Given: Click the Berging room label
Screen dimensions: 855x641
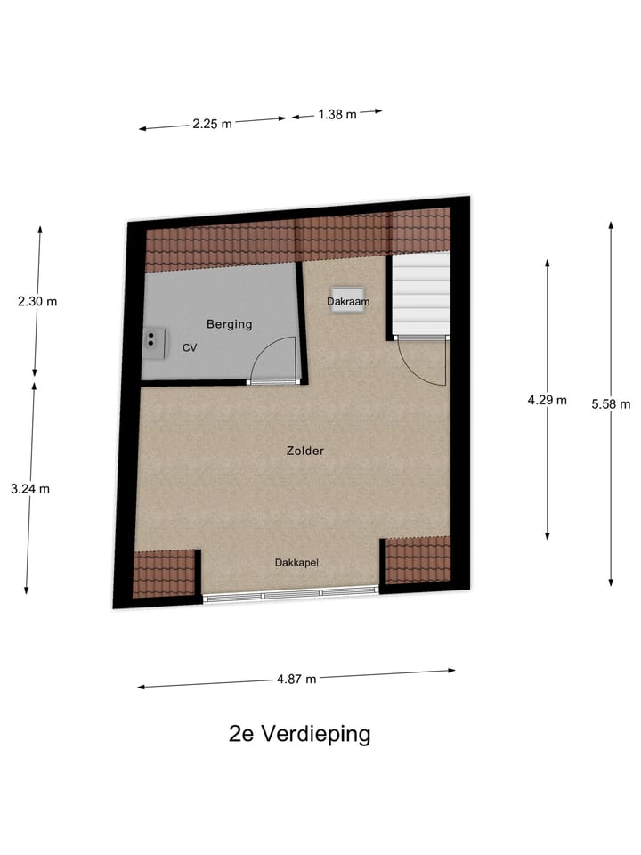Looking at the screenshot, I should pos(229,324).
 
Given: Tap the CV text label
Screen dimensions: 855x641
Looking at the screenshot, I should pos(190,348).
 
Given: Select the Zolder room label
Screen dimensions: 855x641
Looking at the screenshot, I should pos(305,451).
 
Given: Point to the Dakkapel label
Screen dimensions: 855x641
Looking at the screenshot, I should pos(296,563).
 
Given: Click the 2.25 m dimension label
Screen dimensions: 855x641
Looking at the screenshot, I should pos(212,125).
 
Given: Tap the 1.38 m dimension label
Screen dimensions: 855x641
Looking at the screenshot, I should pos(337,114).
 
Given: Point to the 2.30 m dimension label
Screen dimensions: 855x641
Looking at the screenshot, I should pos(37,301).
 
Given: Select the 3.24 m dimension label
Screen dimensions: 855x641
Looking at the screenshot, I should pos(29,488).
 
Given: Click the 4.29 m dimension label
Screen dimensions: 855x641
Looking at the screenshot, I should pos(547,400).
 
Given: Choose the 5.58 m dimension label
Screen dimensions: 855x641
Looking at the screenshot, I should pos(611,403).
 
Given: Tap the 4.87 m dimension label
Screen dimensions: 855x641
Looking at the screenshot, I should pos(296,679).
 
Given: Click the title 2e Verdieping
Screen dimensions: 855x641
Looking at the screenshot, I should pos(299,735).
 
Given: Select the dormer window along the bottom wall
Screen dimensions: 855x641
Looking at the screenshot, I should pos(292,596).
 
